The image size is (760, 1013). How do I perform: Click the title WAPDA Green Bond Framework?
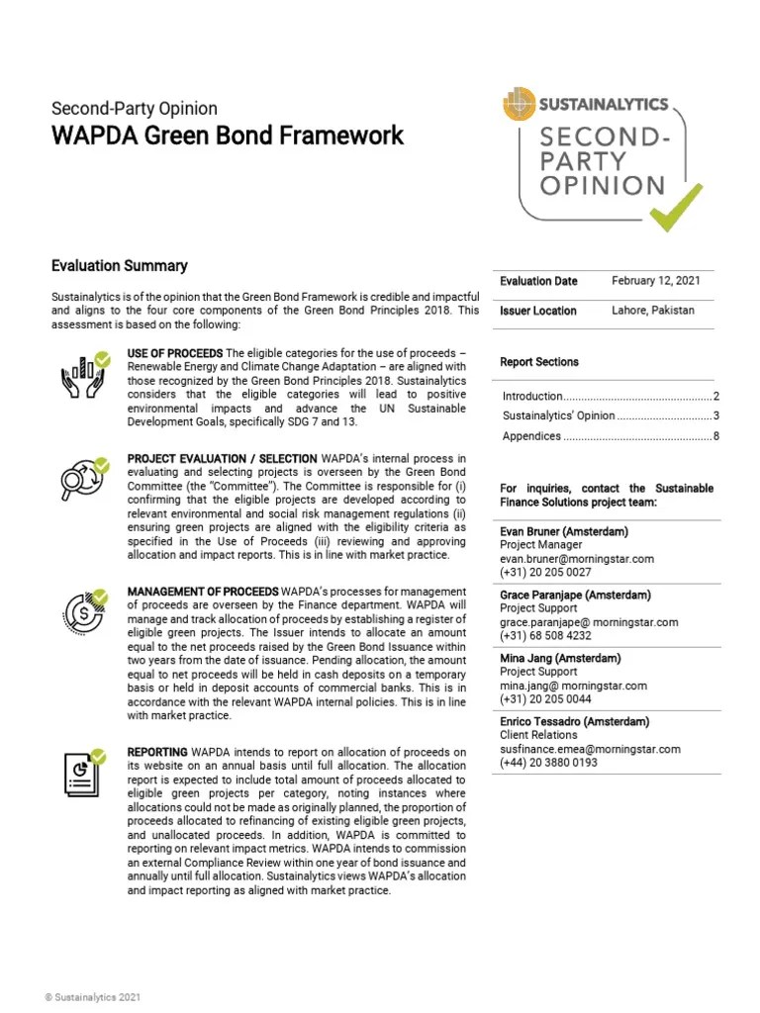point(228,136)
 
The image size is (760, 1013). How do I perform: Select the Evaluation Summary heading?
point(120,266)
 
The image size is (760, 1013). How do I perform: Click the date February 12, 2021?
point(656,281)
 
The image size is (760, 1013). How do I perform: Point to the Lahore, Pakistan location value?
point(653,310)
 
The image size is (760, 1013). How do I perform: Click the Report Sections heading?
point(539,362)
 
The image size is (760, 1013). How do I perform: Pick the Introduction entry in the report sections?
point(532,396)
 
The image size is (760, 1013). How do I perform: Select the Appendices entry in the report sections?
point(532,436)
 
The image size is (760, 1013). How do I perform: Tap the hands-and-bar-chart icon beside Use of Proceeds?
point(83,377)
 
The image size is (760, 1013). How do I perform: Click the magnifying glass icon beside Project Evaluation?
point(83,480)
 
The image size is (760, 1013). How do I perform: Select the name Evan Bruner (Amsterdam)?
point(564,531)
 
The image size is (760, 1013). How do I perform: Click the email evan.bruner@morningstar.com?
point(577,559)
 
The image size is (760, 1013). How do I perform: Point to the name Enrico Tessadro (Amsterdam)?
point(574,721)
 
